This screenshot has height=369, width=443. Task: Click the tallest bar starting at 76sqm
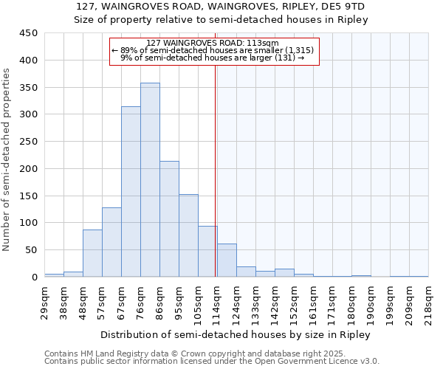click(x=150, y=180)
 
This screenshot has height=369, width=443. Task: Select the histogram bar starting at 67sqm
click(x=131, y=192)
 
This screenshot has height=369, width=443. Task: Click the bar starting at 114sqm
click(x=227, y=261)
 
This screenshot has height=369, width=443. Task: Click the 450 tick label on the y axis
click(x=28, y=33)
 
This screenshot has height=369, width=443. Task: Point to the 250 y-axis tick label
click(x=28, y=142)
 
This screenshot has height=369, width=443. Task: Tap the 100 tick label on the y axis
click(x=28, y=223)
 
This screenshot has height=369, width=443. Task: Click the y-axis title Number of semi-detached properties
click(x=7, y=159)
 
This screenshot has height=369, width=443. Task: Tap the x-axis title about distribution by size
click(x=236, y=334)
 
